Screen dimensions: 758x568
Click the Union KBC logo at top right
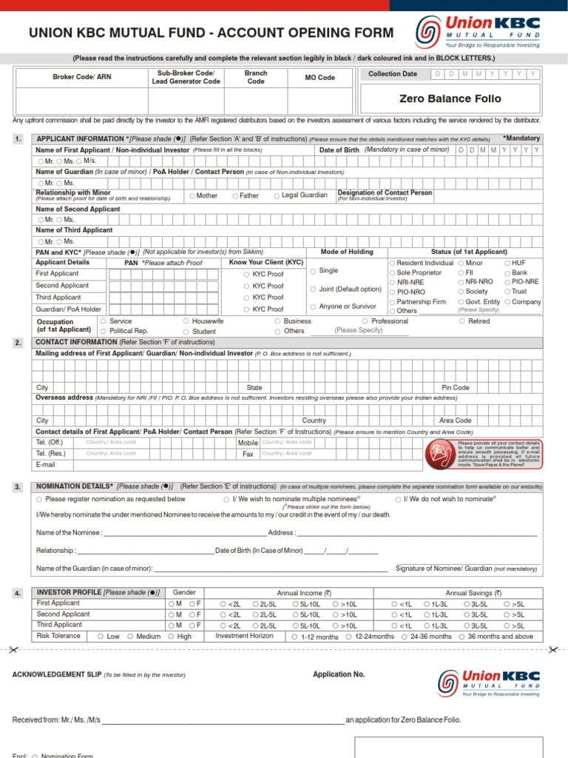tap(479, 32)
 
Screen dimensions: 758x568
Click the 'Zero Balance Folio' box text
tap(450, 98)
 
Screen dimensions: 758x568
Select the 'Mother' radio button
tap(192, 196)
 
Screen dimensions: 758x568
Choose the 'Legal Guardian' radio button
tap(277, 196)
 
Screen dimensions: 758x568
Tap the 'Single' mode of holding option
tap(313, 272)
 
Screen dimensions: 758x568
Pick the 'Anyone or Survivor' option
tap(313, 306)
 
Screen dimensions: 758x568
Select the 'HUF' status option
tap(507, 264)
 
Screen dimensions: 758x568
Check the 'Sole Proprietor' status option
tap(393, 273)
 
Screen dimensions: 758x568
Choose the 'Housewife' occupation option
tap(186, 321)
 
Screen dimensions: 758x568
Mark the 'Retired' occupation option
tap(462, 321)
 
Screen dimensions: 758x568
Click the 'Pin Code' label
tap(455, 387)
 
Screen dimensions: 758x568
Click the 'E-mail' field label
tap(46, 464)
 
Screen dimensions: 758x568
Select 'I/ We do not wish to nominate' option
tap(398, 500)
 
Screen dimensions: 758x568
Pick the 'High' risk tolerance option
tap(172, 637)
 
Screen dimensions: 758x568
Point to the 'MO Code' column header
tap(319, 77)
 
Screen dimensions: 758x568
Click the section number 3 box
tap(18, 487)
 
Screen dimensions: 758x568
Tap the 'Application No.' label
tap(339, 674)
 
